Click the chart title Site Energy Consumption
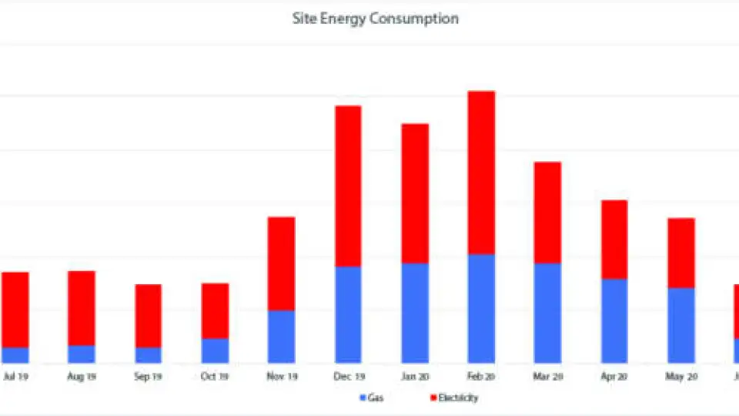coord(375,18)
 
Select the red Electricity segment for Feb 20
coord(481,173)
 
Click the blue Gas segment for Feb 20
coord(481,308)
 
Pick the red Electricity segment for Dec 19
coord(348,186)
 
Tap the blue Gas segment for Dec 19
coord(348,314)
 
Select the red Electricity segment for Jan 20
coord(415,193)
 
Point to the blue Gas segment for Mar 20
coord(547,313)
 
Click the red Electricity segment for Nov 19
coord(281,263)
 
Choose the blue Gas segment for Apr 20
coord(614,320)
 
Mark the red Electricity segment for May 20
coord(681,253)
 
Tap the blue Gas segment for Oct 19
coord(215,351)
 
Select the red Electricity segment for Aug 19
coord(82,308)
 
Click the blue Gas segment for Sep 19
coord(149,355)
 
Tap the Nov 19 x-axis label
coord(282,377)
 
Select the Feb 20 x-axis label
coord(482,377)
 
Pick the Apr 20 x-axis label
coord(615,377)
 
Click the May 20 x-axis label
coord(682,377)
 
